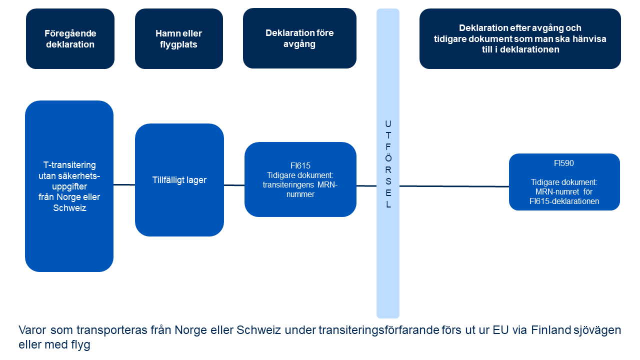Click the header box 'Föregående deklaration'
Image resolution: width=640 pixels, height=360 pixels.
coord(70,39)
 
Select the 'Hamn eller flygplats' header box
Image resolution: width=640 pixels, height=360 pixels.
coord(178,39)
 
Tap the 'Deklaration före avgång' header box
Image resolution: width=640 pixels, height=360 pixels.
coord(299,38)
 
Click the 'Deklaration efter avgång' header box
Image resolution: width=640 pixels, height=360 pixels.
coord(520,39)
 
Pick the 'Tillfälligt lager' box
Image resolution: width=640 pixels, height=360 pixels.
coord(179,180)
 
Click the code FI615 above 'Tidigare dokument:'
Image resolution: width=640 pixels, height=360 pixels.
coord(300,165)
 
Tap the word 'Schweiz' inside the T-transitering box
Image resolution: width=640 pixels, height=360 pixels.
coord(69,208)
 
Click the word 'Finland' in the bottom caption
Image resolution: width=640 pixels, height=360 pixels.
coord(548,330)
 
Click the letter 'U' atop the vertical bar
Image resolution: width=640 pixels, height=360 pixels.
coord(388,123)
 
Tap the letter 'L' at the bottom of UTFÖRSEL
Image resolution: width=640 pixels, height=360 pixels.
coord(388,204)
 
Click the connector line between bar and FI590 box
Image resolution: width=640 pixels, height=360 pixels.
coord(454,186)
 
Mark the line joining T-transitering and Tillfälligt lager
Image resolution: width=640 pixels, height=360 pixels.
coord(124,184)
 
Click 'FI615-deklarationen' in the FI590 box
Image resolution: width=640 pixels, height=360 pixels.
coord(564,201)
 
